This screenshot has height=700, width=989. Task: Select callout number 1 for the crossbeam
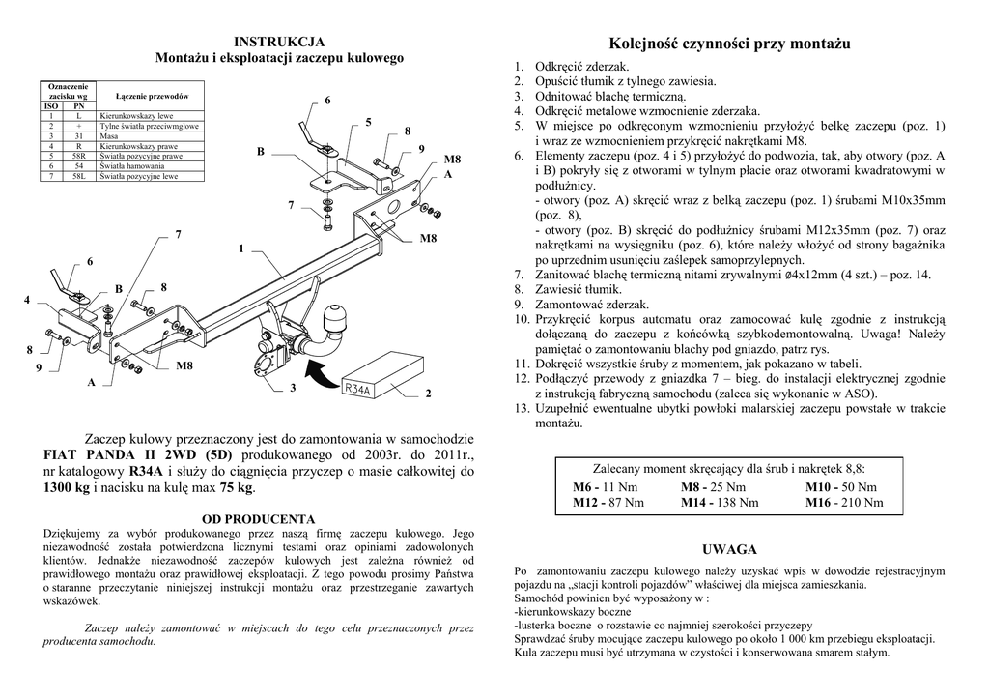coord(240,249)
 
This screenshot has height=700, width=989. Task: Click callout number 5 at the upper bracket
coord(368,122)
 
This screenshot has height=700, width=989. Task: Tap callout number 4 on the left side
coord(27,299)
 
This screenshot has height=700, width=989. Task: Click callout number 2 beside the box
coord(427,394)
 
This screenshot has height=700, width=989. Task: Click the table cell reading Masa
coord(107,136)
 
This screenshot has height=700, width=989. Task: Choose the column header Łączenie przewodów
coord(152,97)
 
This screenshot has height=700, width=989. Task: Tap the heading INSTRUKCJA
coord(279,42)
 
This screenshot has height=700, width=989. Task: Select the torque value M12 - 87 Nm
coord(608,503)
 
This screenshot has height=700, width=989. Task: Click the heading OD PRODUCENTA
coord(258,519)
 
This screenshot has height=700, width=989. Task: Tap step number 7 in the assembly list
coord(519,275)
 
